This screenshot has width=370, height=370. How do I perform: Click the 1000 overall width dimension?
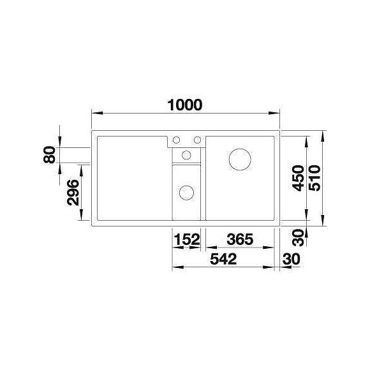point(185,105)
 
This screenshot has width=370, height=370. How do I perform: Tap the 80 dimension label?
point(50,155)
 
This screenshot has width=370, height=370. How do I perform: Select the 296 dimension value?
point(73,193)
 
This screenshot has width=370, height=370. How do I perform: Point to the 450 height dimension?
point(298,178)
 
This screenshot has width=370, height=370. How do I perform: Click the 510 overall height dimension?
point(315,178)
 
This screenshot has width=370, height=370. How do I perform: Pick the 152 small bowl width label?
point(187,239)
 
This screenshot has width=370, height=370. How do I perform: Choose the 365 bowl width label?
point(240,239)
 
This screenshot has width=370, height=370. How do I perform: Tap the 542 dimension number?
point(223,259)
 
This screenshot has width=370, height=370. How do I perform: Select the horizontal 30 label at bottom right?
point(291,259)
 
